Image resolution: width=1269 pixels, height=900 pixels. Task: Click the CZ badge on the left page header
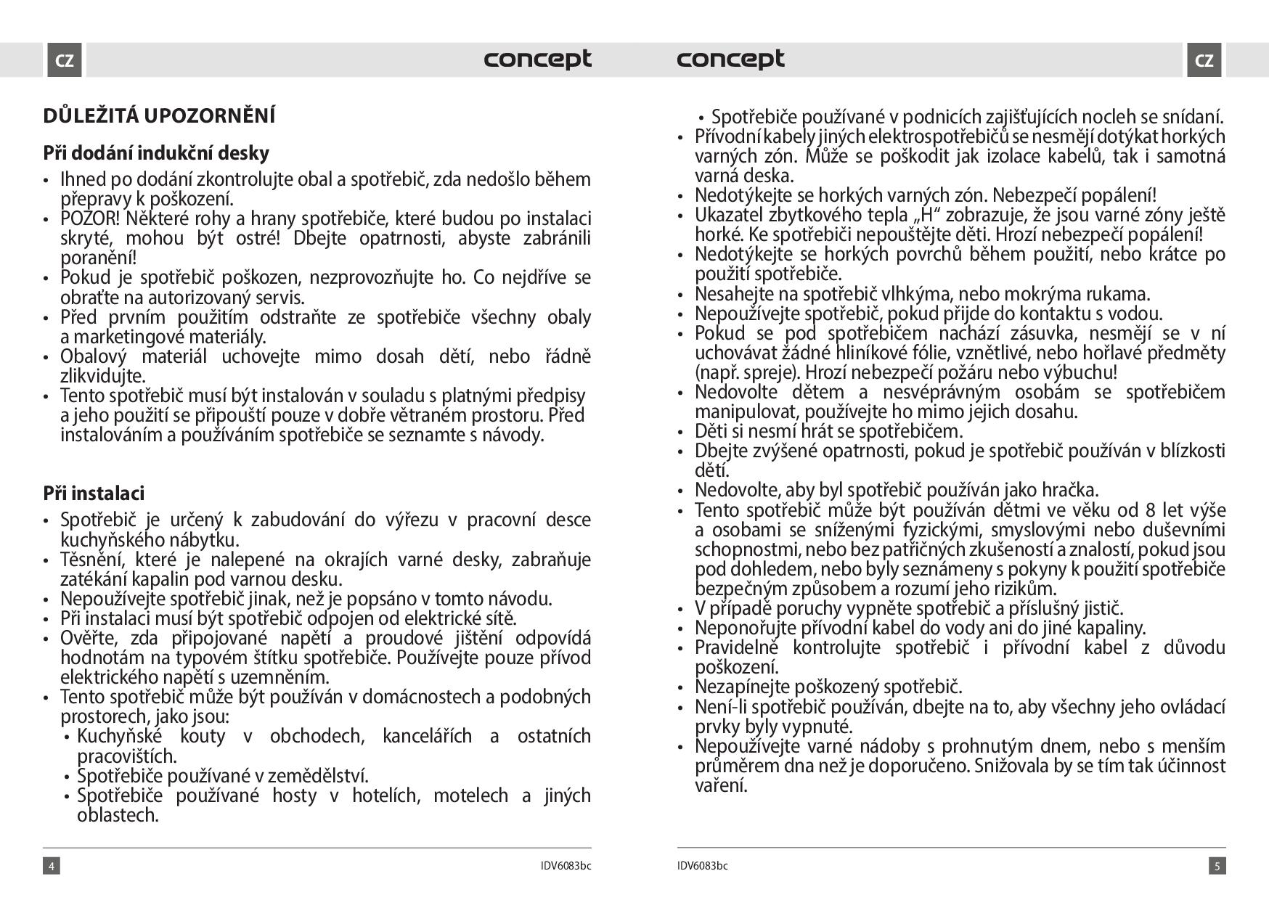(x=65, y=60)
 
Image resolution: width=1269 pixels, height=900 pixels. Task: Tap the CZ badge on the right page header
(x=1204, y=60)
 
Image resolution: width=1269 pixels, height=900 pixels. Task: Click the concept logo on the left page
(x=537, y=59)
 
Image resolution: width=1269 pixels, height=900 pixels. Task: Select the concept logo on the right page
(x=730, y=59)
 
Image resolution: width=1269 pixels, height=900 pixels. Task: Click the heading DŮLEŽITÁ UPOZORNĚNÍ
(x=159, y=116)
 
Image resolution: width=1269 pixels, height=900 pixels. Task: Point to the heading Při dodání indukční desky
(x=156, y=153)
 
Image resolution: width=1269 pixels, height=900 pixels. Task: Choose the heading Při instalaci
(x=94, y=494)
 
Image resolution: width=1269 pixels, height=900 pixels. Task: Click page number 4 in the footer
(x=51, y=866)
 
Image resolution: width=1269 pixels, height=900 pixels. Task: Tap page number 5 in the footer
(x=1217, y=866)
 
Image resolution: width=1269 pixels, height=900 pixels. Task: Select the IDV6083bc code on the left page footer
(x=566, y=866)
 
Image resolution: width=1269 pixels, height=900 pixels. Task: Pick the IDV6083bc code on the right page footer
(x=703, y=866)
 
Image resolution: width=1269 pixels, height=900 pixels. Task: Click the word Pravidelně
(x=737, y=648)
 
